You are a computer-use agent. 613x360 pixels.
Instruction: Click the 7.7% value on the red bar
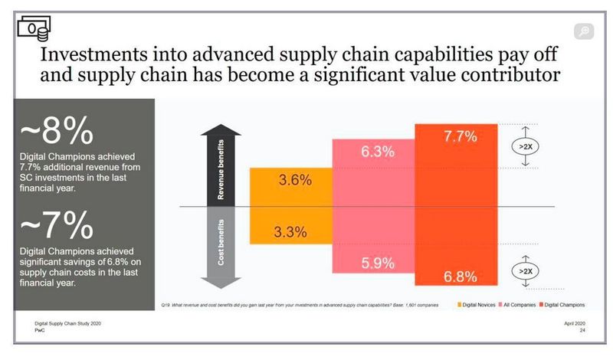(461, 137)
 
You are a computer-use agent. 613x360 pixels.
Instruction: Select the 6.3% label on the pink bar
(378, 152)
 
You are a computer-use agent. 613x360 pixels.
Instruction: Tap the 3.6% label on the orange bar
(295, 181)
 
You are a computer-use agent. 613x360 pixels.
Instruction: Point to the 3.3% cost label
(291, 230)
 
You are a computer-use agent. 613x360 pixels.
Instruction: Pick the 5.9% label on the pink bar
(378, 263)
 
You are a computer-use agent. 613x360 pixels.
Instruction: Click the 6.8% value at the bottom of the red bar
(461, 276)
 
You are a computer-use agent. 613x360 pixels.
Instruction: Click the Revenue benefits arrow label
(221, 175)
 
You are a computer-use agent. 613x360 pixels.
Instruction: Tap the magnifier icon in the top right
(584, 31)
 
